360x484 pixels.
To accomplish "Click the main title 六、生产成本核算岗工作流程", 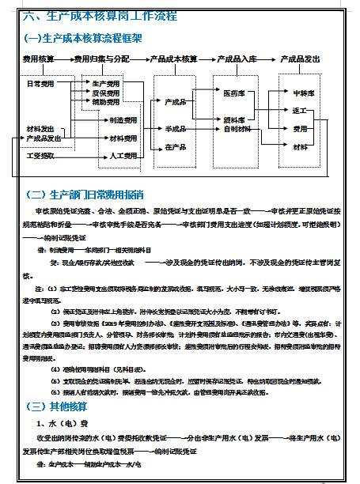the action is click(100, 16).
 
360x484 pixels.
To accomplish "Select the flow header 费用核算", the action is click(38, 59).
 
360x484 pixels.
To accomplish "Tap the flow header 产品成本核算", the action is click(173, 59).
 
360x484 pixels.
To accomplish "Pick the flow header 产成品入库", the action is click(238, 59).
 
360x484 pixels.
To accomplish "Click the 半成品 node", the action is click(175, 129).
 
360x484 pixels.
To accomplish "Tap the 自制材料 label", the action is click(237, 129).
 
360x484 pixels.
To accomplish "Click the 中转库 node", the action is click(304, 93).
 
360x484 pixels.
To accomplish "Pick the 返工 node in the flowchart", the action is click(300, 111).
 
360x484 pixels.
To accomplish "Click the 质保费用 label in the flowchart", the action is click(106, 93).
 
